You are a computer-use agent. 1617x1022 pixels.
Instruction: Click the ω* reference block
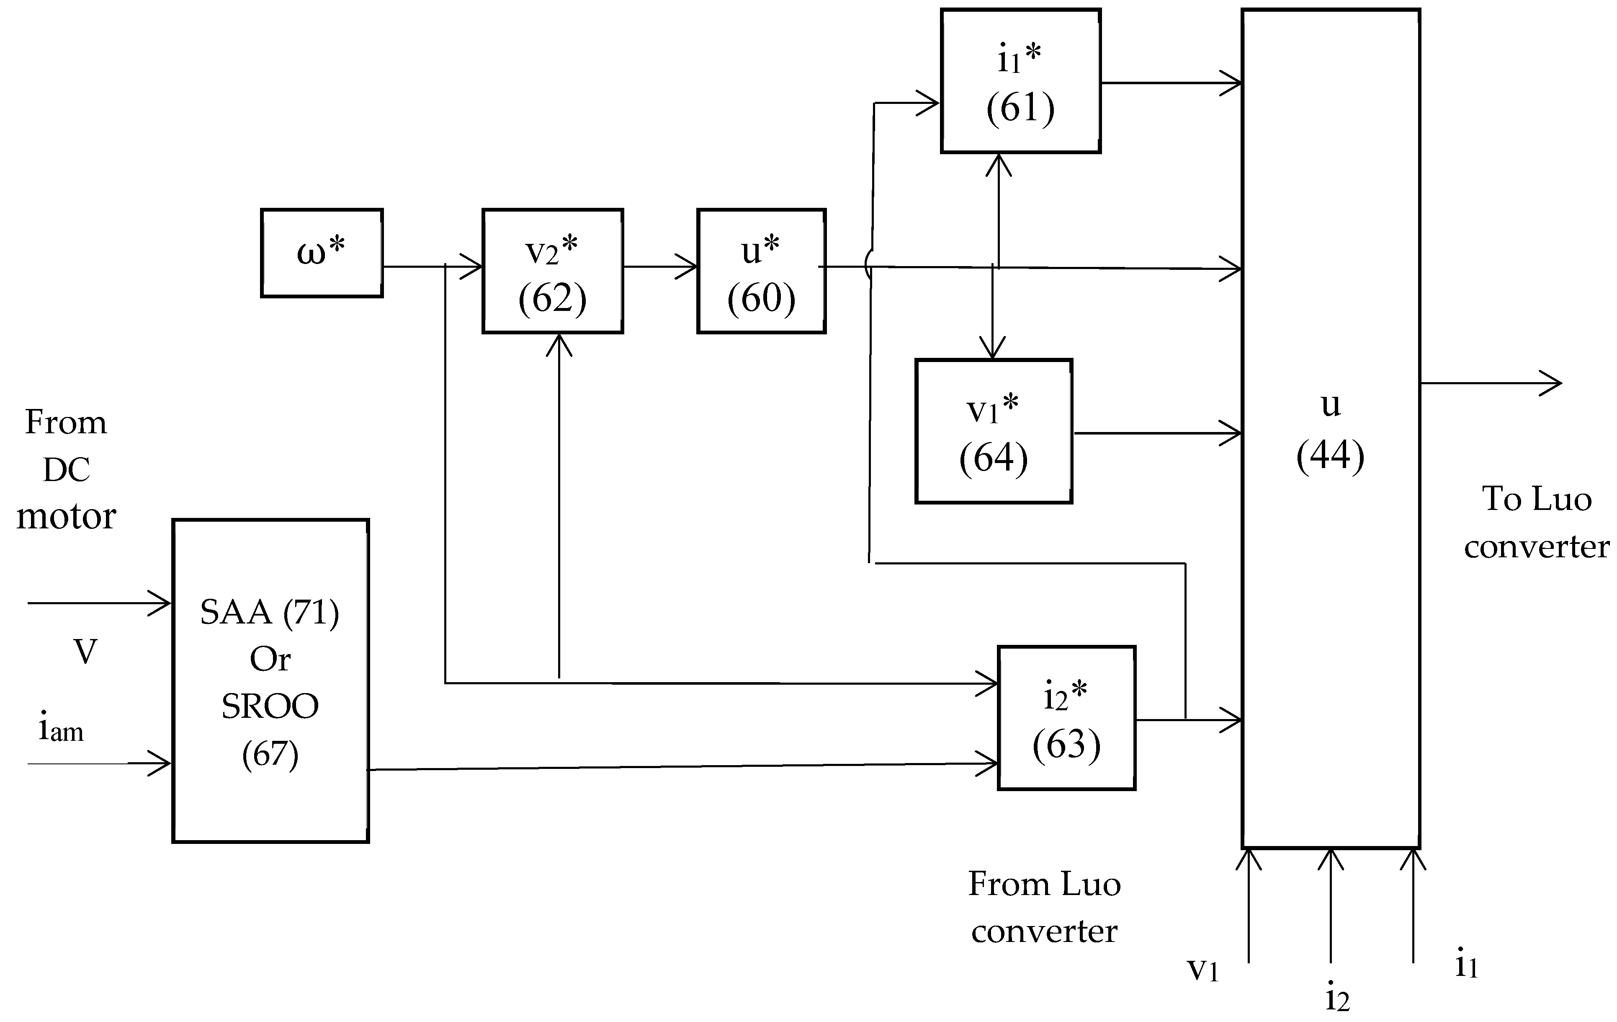(322, 253)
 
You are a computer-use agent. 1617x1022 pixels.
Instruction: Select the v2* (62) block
(553, 271)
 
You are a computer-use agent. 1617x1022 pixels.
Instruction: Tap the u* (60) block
(762, 271)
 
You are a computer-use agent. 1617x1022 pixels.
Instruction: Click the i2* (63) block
(1066, 718)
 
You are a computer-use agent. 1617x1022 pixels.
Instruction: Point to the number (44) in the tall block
(1330, 455)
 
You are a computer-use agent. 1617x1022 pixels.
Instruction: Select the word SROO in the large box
(270, 706)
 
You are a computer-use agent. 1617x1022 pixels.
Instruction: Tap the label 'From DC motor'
(66, 469)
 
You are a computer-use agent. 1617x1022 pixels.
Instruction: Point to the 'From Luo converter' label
(1044, 907)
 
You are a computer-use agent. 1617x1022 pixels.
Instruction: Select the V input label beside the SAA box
(85, 651)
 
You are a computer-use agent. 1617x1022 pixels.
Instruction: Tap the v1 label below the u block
(1202, 969)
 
